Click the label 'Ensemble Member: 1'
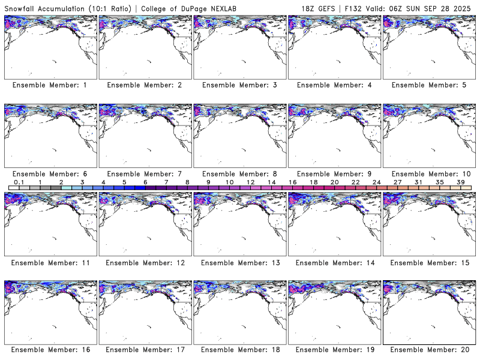[50, 85]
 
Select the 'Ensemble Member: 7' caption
[145, 174]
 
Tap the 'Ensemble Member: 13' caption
[239, 262]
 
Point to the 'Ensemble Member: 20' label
[429, 350]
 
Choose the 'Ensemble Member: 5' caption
[429, 85]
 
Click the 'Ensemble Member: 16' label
[50, 350]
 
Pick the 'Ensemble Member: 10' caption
[429, 174]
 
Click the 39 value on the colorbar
[461, 182]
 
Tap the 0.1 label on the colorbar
[19, 182]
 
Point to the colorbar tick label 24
[377, 182]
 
